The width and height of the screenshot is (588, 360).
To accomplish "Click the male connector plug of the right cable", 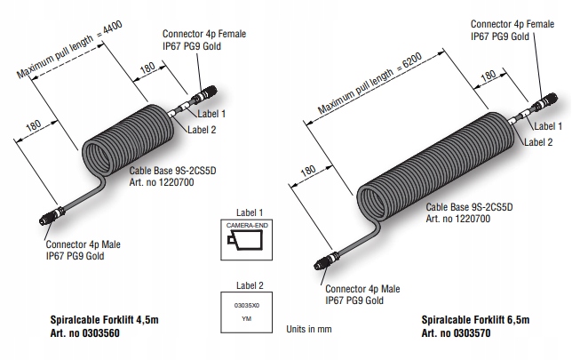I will coord(322,263).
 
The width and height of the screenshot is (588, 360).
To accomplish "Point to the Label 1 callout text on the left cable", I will coord(210,114).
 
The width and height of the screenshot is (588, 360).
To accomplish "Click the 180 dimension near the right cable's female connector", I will coord(489,76).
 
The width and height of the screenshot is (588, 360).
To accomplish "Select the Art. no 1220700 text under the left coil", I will coord(162,182).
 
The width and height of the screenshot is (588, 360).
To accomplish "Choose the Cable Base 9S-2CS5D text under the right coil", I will coord(471,204).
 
